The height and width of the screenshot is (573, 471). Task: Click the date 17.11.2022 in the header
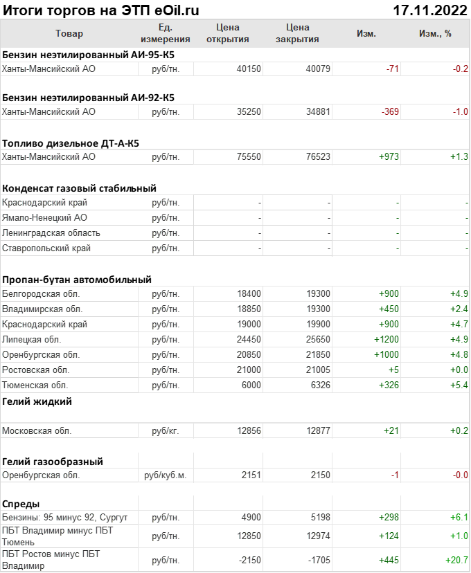coord(428,10)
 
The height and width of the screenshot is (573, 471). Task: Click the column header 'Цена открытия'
coord(227,33)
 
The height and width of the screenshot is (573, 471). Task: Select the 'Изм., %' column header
coord(435,33)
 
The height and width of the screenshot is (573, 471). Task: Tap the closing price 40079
coord(318,69)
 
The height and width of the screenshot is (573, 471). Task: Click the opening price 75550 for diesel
coord(249,157)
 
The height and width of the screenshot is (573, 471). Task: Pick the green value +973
coord(389,157)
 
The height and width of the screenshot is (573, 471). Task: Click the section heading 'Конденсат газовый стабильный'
coord(79,188)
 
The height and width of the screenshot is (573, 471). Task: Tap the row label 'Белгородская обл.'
coord(37,294)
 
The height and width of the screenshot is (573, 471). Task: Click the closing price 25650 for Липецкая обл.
coord(318,340)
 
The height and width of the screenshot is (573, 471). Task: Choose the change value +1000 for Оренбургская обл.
coord(386,355)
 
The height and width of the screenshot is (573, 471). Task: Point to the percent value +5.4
coord(459,385)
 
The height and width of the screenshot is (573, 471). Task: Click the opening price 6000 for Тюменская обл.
coord(251,385)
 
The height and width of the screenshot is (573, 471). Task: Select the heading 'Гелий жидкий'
coord(37,401)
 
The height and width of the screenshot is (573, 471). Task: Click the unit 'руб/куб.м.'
coord(165,475)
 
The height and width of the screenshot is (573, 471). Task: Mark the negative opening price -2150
coord(247,559)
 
